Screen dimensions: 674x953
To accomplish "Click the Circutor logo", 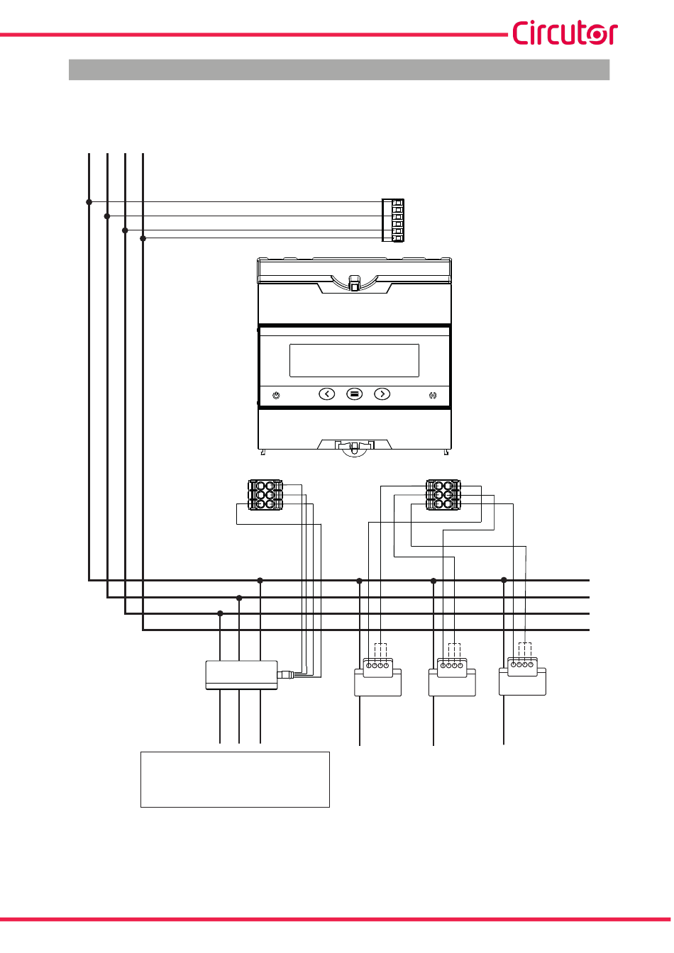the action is (x=564, y=33).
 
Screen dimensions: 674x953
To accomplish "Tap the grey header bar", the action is (x=339, y=69).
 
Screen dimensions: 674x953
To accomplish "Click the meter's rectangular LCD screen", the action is (x=354, y=360).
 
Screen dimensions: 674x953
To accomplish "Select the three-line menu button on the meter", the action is (x=354, y=394).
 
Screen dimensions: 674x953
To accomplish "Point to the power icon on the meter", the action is (x=276, y=395).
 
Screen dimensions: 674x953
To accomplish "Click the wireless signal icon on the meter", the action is (x=433, y=395).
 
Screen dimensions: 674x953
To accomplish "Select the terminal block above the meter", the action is (x=393, y=221).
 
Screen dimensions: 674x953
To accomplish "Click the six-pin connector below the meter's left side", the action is (x=265, y=495).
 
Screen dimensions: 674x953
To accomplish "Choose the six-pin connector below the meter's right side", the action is (x=443, y=495).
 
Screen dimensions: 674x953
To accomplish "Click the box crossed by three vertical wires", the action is (x=241, y=675).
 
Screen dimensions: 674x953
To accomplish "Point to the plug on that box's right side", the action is (x=285, y=674).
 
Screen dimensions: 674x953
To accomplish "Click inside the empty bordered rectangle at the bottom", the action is (x=235, y=779).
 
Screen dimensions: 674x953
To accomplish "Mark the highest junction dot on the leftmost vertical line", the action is (x=89, y=202).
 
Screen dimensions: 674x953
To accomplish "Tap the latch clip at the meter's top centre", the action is (x=354, y=284).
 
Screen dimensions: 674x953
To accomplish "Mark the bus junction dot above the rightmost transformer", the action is (x=504, y=580).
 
